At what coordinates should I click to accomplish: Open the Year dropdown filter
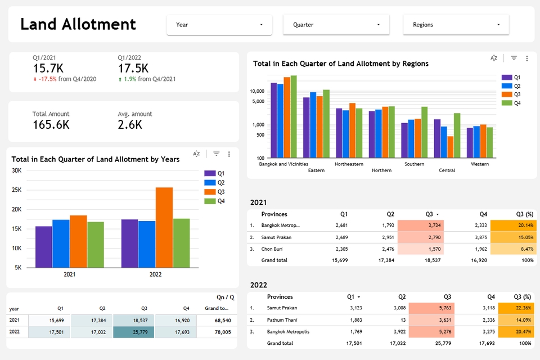[x=219, y=25]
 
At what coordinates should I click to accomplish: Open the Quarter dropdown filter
[x=336, y=25]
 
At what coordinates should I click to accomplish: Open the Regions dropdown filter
[x=456, y=25]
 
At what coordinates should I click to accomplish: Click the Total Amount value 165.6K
[x=51, y=125]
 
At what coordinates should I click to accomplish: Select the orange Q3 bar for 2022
[x=164, y=227]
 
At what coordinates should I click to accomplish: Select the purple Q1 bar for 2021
[x=44, y=246]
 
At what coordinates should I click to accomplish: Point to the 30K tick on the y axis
[x=17, y=170]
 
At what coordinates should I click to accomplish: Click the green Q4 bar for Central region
[x=457, y=136]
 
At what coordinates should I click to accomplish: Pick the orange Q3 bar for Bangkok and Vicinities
[x=287, y=118]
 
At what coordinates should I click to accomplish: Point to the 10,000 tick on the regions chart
[x=257, y=91]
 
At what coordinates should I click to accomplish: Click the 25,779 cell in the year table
[x=133, y=332]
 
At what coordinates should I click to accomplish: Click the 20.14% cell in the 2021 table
[x=513, y=225]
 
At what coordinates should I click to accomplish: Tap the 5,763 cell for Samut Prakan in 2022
[x=431, y=308]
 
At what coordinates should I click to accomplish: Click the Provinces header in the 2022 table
[x=280, y=296]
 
